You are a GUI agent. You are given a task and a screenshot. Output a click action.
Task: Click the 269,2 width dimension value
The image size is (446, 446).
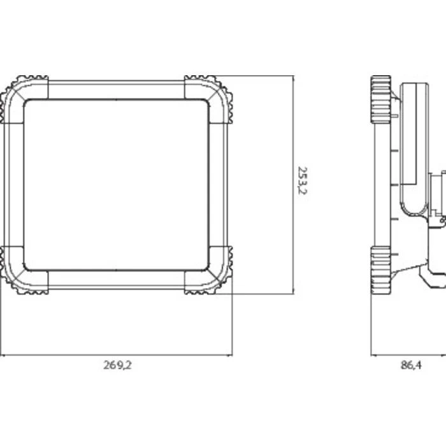click(x=117, y=365)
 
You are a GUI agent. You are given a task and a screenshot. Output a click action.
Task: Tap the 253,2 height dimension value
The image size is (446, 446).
click(x=302, y=180)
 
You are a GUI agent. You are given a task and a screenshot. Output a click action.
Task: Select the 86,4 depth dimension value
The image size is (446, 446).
click(x=411, y=365)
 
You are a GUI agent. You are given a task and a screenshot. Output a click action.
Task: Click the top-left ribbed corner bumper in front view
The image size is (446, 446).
click(x=17, y=91)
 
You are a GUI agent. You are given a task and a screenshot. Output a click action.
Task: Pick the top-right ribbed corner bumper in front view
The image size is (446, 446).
click(x=216, y=91)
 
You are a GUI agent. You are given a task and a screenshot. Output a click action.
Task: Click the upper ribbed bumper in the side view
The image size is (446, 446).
click(x=380, y=99)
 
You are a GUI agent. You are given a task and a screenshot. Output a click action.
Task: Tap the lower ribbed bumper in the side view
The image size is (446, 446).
click(x=380, y=270)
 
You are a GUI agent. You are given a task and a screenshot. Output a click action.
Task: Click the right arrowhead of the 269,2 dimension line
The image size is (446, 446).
click(x=230, y=355)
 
